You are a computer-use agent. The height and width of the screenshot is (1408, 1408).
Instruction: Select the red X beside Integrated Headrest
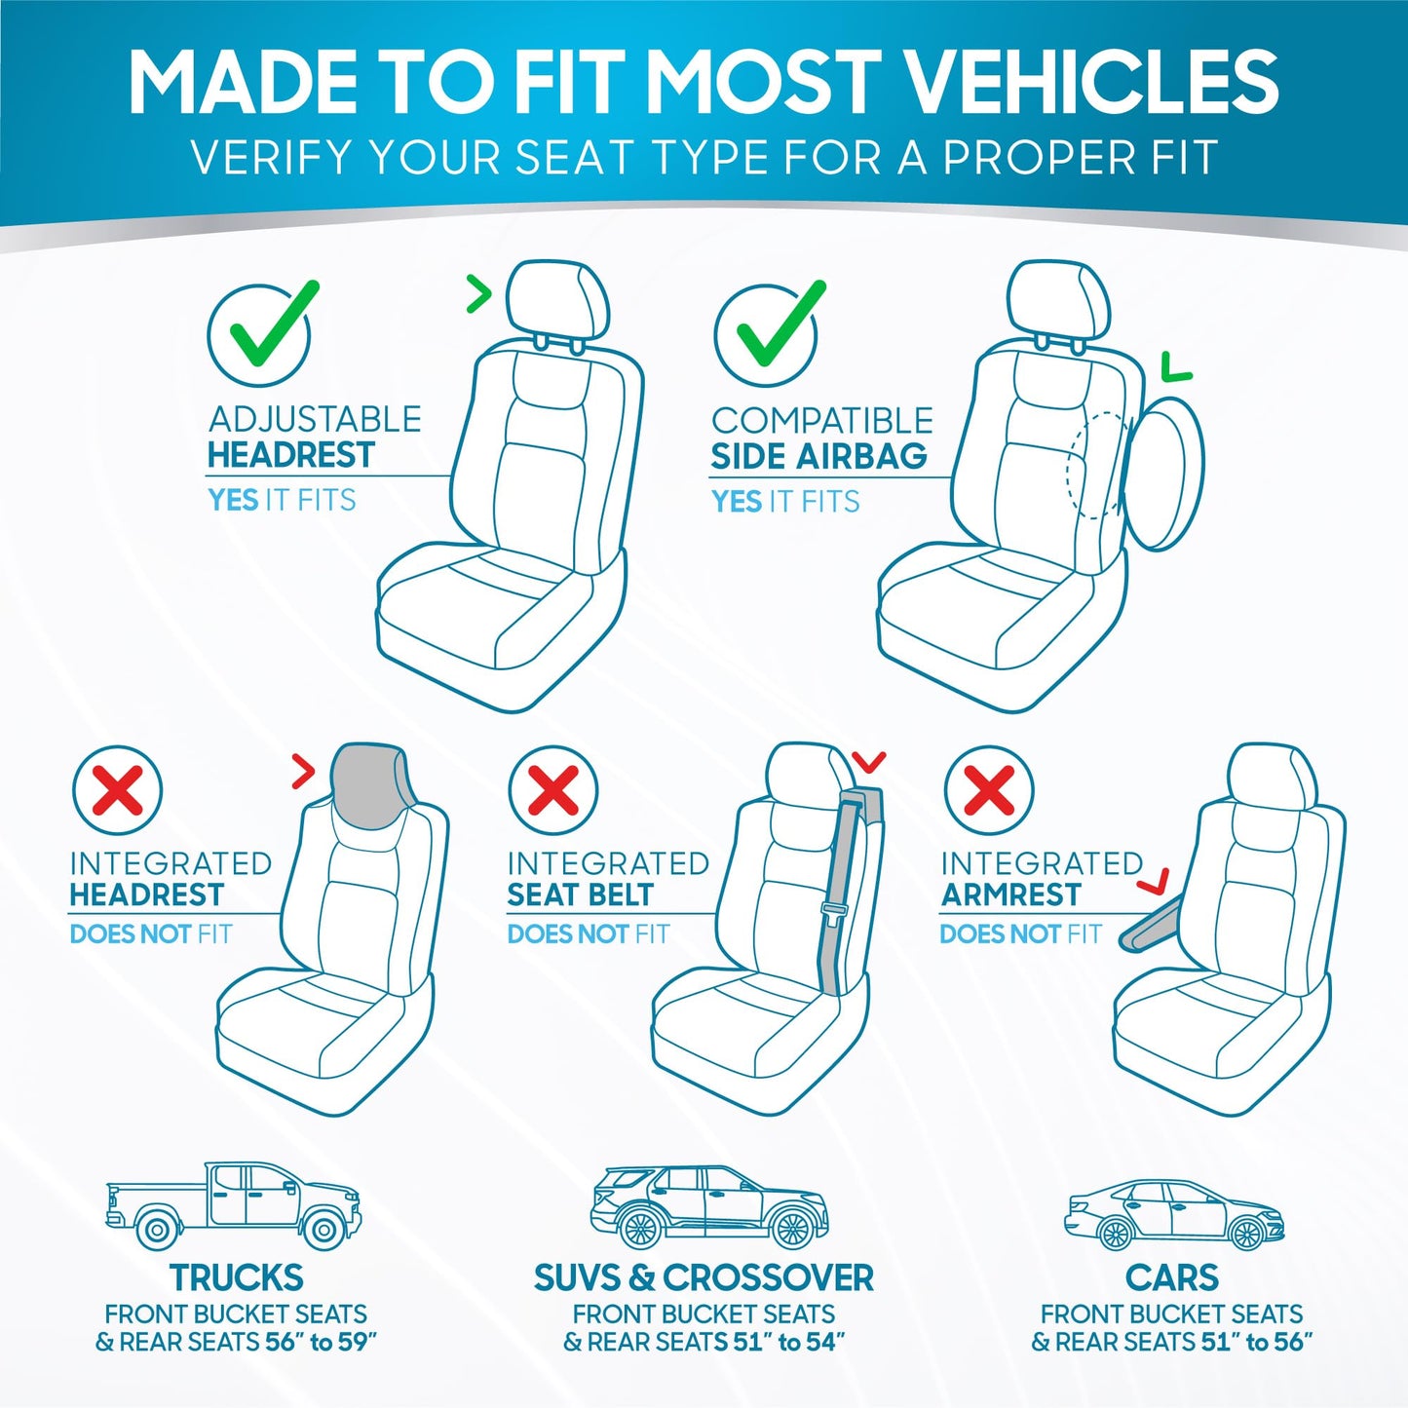coord(118,789)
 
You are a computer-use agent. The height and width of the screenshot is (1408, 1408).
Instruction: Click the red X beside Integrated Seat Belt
coord(553,789)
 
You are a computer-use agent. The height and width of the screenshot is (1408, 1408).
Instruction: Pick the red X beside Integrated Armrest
coord(989,789)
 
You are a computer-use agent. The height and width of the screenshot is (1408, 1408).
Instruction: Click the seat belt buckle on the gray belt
coord(834,912)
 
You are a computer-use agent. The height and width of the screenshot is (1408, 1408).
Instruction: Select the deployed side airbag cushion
coord(1164,474)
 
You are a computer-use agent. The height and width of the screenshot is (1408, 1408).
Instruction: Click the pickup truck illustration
coord(234,1205)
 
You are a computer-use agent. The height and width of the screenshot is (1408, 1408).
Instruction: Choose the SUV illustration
coord(709,1207)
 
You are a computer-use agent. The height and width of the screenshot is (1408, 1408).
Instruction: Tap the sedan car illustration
coord(1174,1215)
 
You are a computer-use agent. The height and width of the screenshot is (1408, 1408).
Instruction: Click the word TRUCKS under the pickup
coord(236,1277)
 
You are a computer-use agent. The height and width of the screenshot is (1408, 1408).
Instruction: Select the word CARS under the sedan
coord(1172,1277)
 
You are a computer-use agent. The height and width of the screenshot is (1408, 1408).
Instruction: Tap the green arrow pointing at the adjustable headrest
coord(478,293)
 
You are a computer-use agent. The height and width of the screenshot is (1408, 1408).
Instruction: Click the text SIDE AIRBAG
coord(818,456)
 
